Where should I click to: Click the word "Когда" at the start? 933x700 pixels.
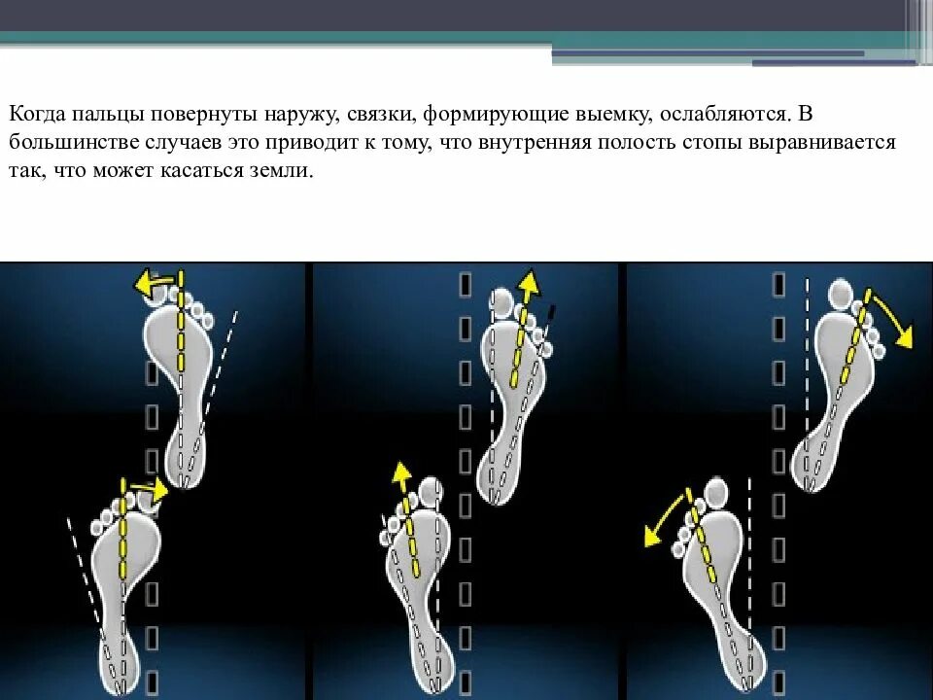click(x=36, y=114)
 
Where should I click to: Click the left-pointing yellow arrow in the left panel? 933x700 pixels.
click(x=154, y=283)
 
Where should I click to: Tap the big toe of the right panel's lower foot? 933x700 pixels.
click(x=717, y=492)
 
